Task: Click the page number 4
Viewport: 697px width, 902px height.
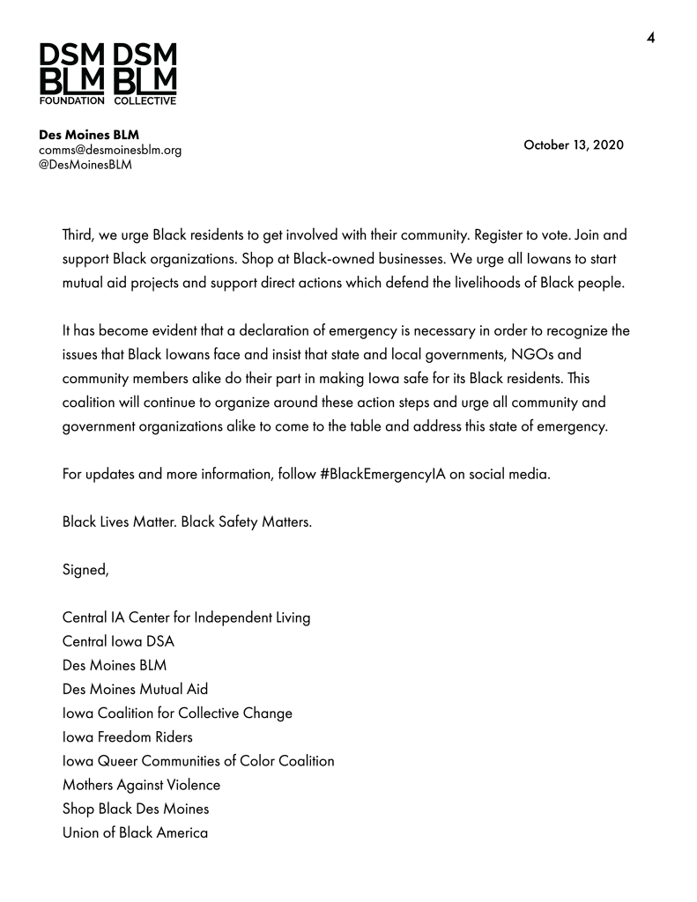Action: pyautogui.click(x=651, y=37)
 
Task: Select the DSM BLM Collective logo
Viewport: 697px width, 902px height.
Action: pyautogui.click(x=145, y=74)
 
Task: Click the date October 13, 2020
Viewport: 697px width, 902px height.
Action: pyautogui.click(x=574, y=144)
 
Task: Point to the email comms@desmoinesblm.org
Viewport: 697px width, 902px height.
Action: pyautogui.click(x=110, y=150)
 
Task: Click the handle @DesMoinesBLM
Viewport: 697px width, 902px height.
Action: pyautogui.click(x=85, y=165)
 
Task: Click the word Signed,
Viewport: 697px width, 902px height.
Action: pyautogui.click(x=85, y=569)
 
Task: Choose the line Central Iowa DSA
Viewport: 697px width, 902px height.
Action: pyautogui.click(x=118, y=640)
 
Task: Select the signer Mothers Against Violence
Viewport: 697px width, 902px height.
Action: pyautogui.click(x=141, y=784)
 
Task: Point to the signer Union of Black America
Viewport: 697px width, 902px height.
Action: pyautogui.click(x=135, y=832)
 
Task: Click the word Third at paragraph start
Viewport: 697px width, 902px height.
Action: pyautogui.click(x=79, y=236)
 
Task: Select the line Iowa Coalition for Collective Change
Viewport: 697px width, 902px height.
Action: pyautogui.click(x=177, y=713)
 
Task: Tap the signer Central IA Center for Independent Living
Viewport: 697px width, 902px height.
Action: pyautogui.click(x=186, y=617)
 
